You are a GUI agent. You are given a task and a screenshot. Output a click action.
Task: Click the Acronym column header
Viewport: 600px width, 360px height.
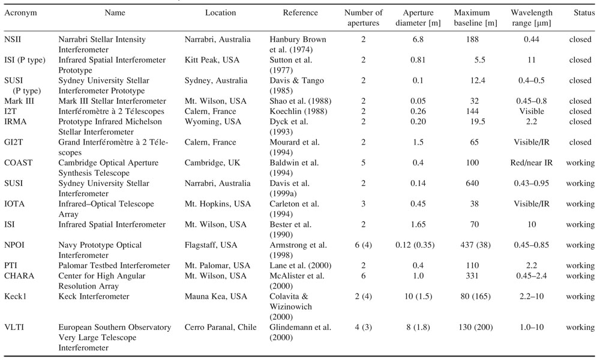point(20,13)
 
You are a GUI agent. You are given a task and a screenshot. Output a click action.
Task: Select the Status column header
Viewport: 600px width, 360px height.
point(584,13)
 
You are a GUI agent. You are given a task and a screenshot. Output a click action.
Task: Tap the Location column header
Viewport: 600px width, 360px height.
point(220,13)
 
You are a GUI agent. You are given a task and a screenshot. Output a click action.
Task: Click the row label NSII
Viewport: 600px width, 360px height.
point(13,40)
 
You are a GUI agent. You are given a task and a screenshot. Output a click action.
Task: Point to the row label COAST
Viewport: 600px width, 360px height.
point(18,163)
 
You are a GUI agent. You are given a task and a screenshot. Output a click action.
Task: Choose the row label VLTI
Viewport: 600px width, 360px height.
point(13,327)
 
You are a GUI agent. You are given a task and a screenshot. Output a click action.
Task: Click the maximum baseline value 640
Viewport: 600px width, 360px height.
point(472,183)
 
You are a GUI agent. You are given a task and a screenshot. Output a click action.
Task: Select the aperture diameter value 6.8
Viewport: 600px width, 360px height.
point(418,40)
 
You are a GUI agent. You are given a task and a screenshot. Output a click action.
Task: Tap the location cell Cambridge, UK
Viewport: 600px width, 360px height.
point(212,163)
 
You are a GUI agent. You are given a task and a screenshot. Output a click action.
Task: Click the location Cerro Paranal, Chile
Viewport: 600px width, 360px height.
point(220,327)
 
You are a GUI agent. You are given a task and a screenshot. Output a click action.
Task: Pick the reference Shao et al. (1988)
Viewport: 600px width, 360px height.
point(301,101)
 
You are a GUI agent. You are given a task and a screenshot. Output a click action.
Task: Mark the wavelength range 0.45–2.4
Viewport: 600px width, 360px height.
point(532,276)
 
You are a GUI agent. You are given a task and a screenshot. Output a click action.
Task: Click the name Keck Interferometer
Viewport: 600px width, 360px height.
point(94,296)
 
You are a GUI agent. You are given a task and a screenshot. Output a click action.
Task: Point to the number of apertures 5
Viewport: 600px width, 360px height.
point(363,163)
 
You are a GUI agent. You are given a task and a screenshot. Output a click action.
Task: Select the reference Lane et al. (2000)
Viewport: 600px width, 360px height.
point(301,266)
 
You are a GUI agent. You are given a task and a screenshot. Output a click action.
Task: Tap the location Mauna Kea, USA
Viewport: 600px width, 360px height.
point(216,296)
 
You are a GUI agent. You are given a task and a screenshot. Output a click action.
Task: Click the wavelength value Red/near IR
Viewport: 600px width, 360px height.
point(532,163)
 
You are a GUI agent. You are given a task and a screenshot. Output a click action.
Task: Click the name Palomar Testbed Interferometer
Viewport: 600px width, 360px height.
point(114,266)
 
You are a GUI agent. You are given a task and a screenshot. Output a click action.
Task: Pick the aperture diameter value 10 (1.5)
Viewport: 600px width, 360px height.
point(418,296)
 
